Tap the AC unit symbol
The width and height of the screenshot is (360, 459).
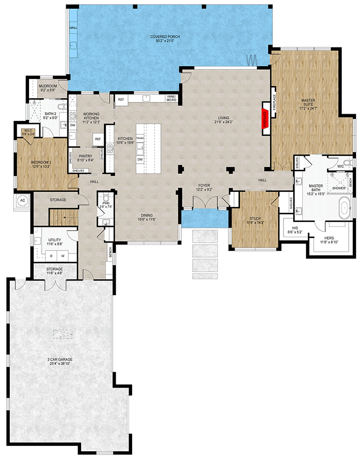(x=22, y=200)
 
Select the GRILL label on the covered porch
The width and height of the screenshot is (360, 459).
(x=73, y=28)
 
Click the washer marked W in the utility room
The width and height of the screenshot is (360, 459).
(x=63, y=255)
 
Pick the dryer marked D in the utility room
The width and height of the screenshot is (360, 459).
(x=52, y=255)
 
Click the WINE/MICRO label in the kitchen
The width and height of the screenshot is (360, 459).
(x=171, y=98)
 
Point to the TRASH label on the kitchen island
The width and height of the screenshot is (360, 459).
(x=140, y=138)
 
